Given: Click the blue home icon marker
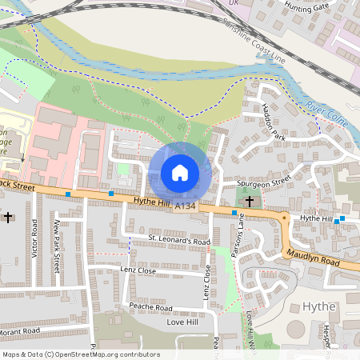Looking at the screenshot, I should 180,172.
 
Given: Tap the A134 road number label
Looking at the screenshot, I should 185,207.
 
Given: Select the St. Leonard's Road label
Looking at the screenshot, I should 179,240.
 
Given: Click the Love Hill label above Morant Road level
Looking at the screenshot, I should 181,322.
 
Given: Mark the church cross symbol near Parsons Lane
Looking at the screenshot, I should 249,201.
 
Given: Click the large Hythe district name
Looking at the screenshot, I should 322,306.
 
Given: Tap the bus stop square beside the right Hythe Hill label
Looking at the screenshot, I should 342,218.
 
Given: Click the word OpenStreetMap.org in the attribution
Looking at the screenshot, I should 102,354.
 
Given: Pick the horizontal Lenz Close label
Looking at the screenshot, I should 138,271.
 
